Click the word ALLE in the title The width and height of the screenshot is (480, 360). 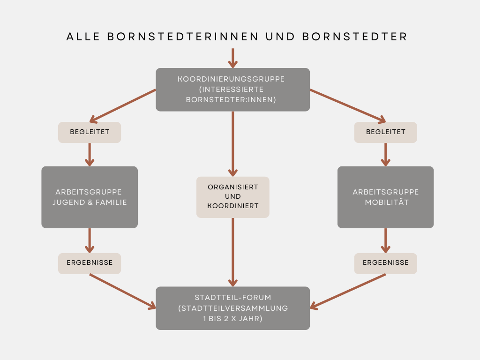[x=83, y=37]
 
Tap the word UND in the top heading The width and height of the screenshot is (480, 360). [x=280, y=37]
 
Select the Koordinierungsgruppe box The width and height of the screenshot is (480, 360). [x=232, y=90]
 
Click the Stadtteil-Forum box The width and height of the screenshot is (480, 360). [x=232, y=308]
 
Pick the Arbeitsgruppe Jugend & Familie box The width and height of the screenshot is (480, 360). [x=90, y=197]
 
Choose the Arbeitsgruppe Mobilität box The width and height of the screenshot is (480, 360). [x=386, y=197]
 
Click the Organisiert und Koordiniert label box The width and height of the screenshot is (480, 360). [x=232, y=197]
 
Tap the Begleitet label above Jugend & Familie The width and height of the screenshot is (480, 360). [x=90, y=132]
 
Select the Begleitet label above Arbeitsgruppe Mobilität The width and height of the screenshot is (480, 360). [x=386, y=132]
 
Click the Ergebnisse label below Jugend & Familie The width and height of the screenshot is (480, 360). [x=90, y=263]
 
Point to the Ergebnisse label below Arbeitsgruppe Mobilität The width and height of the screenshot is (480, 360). [x=386, y=263]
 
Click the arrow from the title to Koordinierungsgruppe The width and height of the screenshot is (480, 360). [x=232, y=58]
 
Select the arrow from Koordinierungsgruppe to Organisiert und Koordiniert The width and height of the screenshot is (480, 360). [x=232, y=144]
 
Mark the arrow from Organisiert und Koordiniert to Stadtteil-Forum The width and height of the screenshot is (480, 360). [x=232, y=252]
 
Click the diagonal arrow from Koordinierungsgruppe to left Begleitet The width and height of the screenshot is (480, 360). [x=123, y=106]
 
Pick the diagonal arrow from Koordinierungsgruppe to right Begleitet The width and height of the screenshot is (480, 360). [x=348, y=106]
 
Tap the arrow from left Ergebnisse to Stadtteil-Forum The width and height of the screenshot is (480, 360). [x=123, y=292]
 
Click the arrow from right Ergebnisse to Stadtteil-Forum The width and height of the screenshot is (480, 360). [x=348, y=292]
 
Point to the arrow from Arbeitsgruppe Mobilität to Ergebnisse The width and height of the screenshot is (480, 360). [x=386, y=240]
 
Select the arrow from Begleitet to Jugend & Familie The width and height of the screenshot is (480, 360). [x=90, y=155]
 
